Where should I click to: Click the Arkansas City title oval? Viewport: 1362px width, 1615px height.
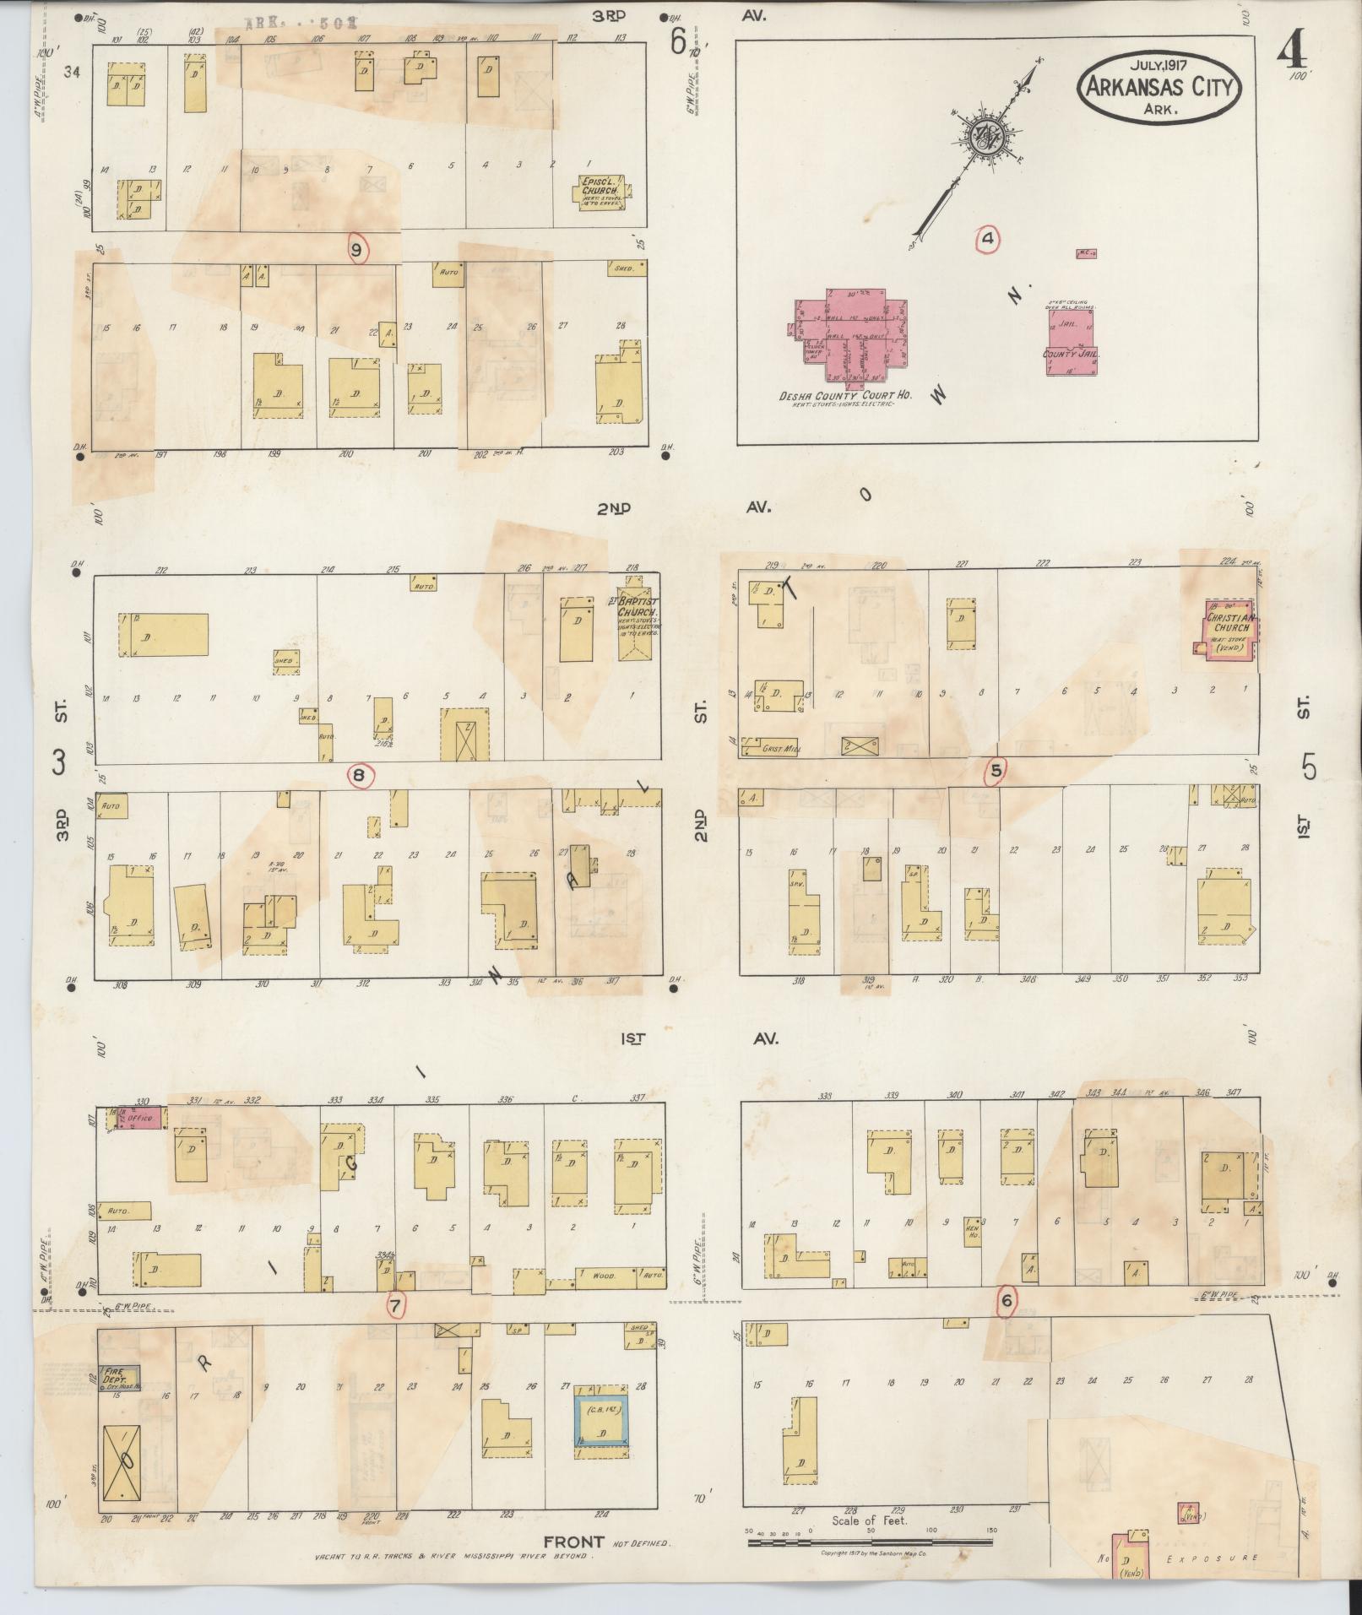coord(1159,89)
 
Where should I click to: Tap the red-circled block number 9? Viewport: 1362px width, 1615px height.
coord(357,249)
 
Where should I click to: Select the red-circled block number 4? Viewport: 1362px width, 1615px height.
coord(986,240)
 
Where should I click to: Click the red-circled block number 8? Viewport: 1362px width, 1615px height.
coord(361,776)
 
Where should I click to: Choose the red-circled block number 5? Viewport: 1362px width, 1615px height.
coord(997,770)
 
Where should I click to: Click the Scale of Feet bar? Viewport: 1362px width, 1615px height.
coord(870,1542)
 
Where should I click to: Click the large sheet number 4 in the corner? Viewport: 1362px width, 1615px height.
coord(1291,53)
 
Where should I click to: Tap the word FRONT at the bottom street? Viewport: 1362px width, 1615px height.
coord(574,1542)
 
